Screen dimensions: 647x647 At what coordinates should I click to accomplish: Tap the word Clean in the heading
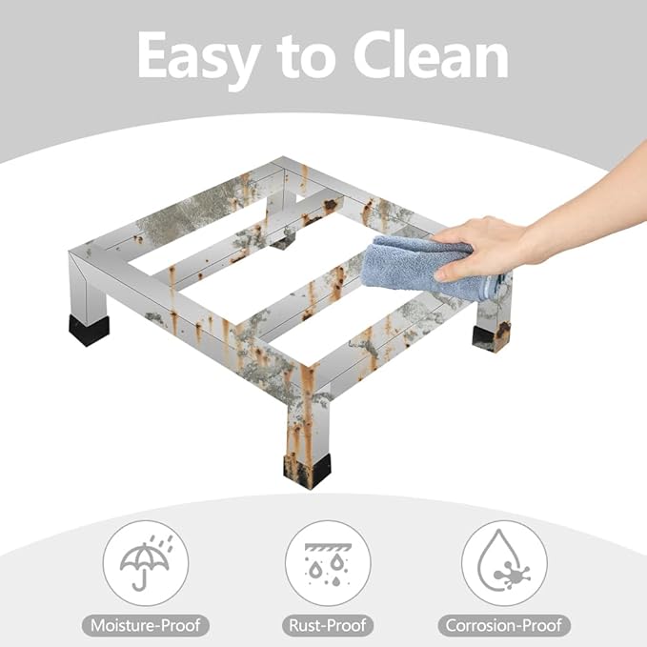[x=431, y=54]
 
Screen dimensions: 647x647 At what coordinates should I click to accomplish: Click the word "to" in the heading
[x=306, y=58]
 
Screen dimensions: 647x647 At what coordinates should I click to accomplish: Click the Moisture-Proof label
[x=146, y=625]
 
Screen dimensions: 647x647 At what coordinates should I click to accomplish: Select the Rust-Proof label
[x=328, y=625]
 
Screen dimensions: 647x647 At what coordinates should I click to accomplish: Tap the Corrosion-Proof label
[x=504, y=625]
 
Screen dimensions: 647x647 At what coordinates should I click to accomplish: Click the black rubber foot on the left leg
[x=89, y=330]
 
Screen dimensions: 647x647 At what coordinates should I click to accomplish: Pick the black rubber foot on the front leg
[x=307, y=471]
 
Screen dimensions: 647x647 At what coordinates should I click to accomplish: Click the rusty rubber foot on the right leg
[x=491, y=336]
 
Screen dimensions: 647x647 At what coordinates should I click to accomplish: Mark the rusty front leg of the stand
[x=307, y=416]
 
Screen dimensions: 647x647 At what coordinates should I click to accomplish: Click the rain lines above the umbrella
[x=162, y=543]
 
